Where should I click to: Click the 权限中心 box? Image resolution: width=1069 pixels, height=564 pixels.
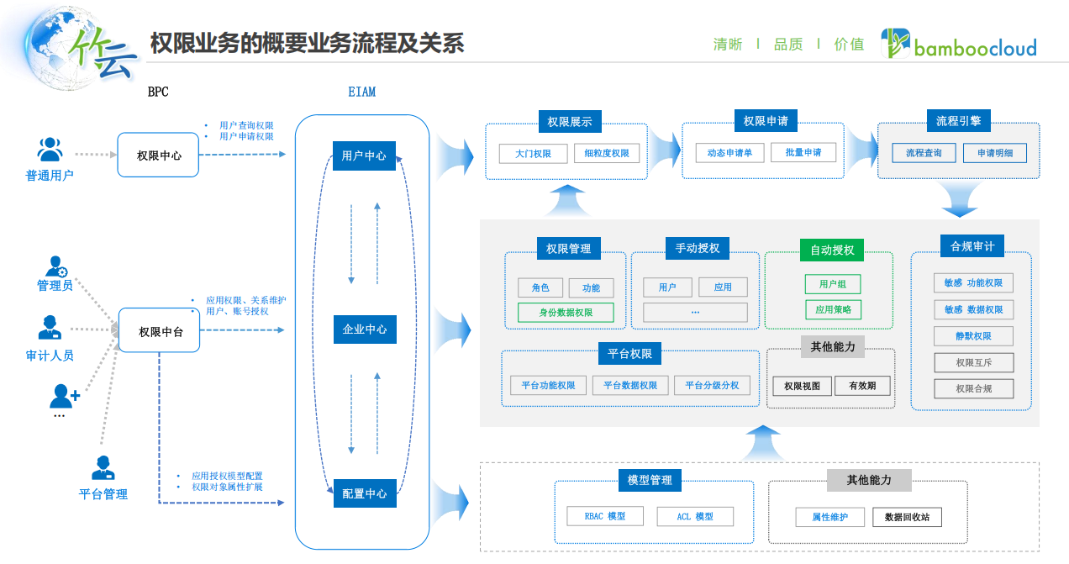pyautogui.click(x=158, y=155)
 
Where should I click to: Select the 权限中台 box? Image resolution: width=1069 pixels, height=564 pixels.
pyautogui.click(x=159, y=331)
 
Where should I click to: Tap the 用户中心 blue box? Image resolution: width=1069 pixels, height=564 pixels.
pyautogui.click(x=364, y=155)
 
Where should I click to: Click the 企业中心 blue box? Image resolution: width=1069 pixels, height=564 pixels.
pyautogui.click(x=364, y=329)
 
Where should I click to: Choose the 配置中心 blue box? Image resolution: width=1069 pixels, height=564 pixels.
pyautogui.click(x=364, y=493)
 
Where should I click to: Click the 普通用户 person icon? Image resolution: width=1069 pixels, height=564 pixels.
pyautogui.click(x=50, y=150)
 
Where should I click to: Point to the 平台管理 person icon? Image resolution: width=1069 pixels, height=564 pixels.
pyautogui.click(x=103, y=468)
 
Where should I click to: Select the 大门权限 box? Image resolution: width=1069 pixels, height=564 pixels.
pyautogui.click(x=533, y=153)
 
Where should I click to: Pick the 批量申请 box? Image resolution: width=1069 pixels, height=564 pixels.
pyautogui.click(x=803, y=152)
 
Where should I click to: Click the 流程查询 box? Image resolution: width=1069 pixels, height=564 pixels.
pyautogui.click(x=924, y=153)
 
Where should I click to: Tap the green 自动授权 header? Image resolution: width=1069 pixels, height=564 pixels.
pyautogui.click(x=832, y=250)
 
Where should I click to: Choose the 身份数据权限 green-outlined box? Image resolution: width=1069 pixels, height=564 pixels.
pyautogui.click(x=566, y=313)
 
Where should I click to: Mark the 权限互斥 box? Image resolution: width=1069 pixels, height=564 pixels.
pyautogui.click(x=973, y=362)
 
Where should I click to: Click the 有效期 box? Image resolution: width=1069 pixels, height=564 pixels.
pyautogui.click(x=862, y=386)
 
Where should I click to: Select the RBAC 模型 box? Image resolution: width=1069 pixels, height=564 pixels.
pyautogui.click(x=604, y=516)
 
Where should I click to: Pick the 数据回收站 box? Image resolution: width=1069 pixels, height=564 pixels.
pyautogui.click(x=907, y=517)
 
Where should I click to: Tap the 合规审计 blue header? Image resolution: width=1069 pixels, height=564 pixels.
pyautogui.click(x=972, y=246)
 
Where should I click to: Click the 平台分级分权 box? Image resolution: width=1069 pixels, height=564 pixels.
pyautogui.click(x=711, y=385)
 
